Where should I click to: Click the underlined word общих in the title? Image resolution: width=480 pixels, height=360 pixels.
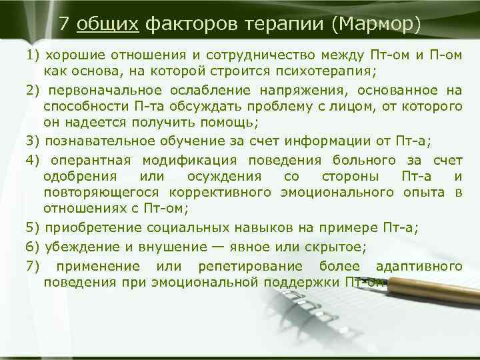(x=107, y=25)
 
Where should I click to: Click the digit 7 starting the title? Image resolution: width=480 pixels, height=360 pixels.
(x=64, y=25)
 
